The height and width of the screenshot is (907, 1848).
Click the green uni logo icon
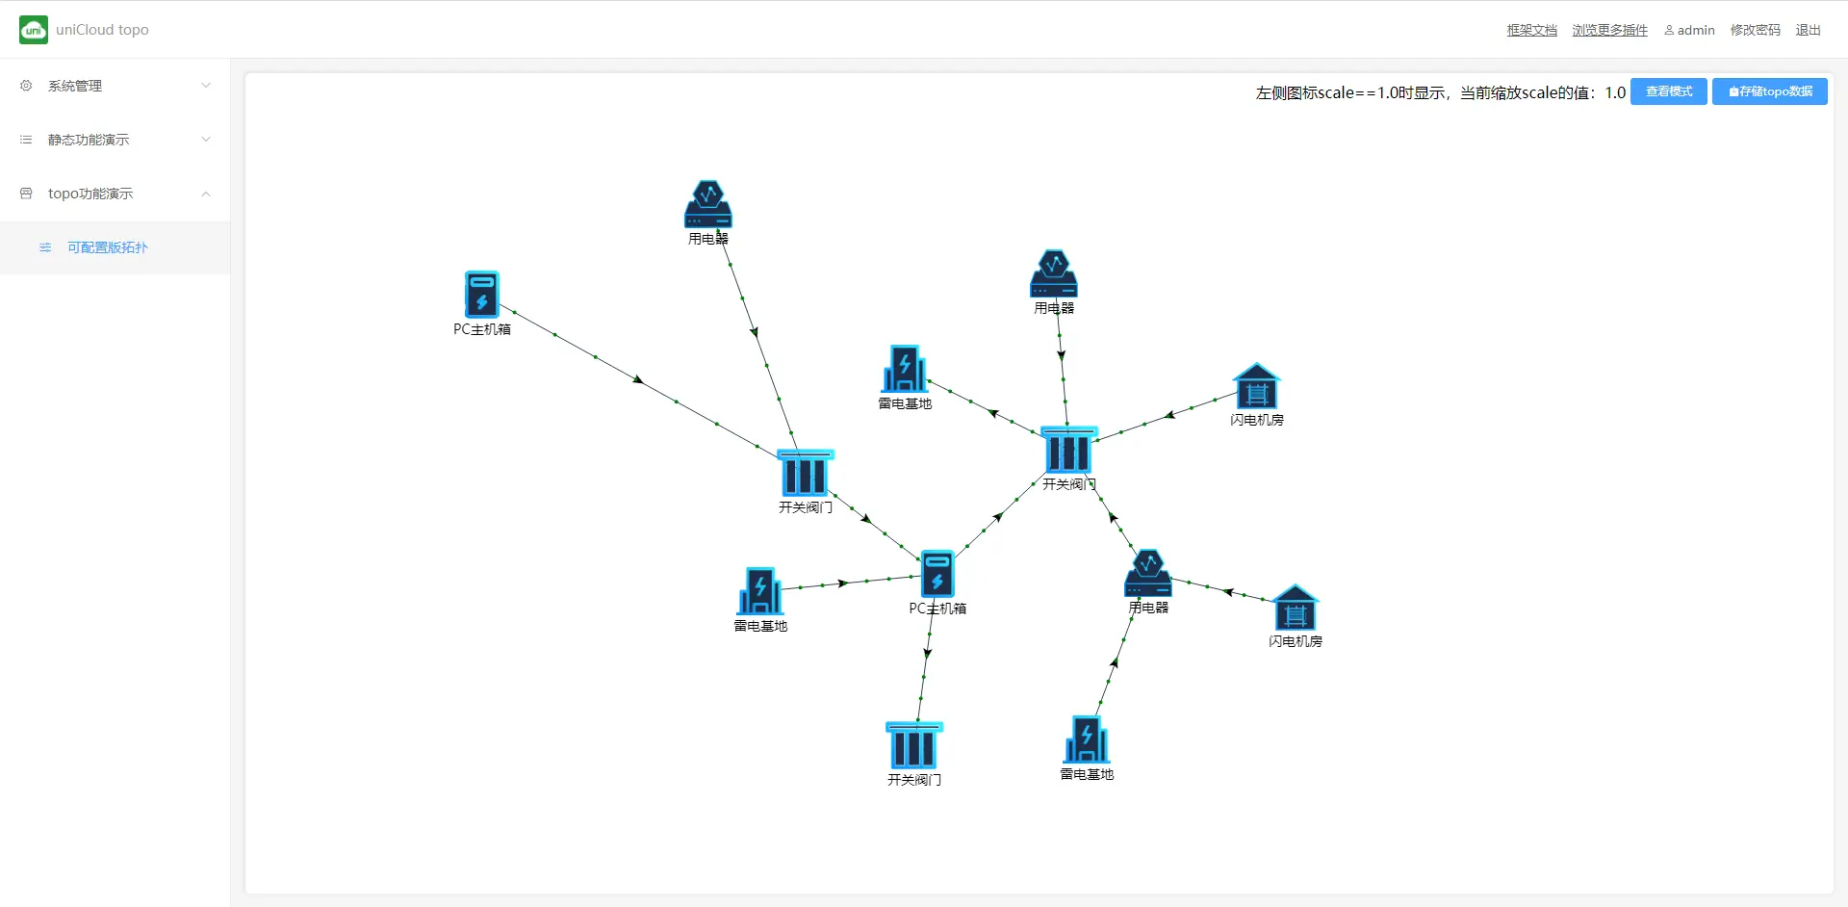tap(34, 30)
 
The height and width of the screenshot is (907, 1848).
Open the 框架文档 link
tap(1531, 30)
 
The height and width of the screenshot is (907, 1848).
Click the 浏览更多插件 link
tap(1609, 30)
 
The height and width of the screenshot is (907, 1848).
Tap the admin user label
tap(1690, 30)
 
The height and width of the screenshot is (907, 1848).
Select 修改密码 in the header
tap(1755, 30)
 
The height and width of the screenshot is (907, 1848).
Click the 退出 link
tap(1808, 30)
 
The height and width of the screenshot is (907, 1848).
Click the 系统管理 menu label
tap(75, 86)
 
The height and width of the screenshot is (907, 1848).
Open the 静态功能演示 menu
tap(89, 140)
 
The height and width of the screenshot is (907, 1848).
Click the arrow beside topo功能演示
tap(206, 194)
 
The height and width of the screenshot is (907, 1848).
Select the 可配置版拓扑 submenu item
tap(108, 247)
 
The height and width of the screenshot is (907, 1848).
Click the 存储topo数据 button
tap(1769, 91)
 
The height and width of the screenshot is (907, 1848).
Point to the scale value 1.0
tap(1615, 92)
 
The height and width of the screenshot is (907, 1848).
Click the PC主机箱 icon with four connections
tap(937, 574)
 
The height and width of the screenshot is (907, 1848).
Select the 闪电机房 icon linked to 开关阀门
tap(1256, 387)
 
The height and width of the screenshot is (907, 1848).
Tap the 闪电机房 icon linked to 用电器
tap(1295, 609)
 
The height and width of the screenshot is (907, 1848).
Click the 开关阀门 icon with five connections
tap(1068, 451)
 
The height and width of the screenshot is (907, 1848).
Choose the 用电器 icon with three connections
tap(1148, 574)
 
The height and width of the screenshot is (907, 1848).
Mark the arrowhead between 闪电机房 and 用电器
tap(1228, 591)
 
